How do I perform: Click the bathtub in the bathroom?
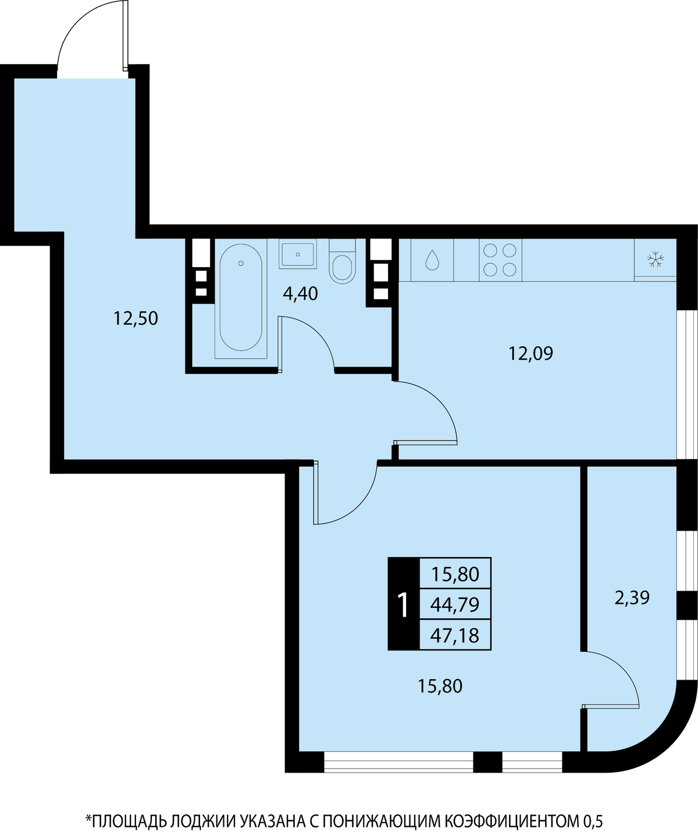point(241,297)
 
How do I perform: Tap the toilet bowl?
point(342,261)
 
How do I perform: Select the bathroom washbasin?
point(298,254)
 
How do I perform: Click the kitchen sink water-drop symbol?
point(432,260)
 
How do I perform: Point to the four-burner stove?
point(500,260)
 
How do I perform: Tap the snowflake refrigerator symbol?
point(656,259)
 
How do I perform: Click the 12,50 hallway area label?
point(136,318)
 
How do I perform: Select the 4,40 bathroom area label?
point(300,294)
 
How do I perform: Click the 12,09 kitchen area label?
point(530,353)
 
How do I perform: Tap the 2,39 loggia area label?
point(632,598)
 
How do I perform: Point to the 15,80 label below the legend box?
point(440,686)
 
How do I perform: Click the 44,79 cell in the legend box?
point(455,605)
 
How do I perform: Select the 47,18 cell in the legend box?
point(455,635)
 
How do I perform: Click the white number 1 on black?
point(403,605)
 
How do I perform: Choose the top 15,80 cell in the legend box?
point(455,574)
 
